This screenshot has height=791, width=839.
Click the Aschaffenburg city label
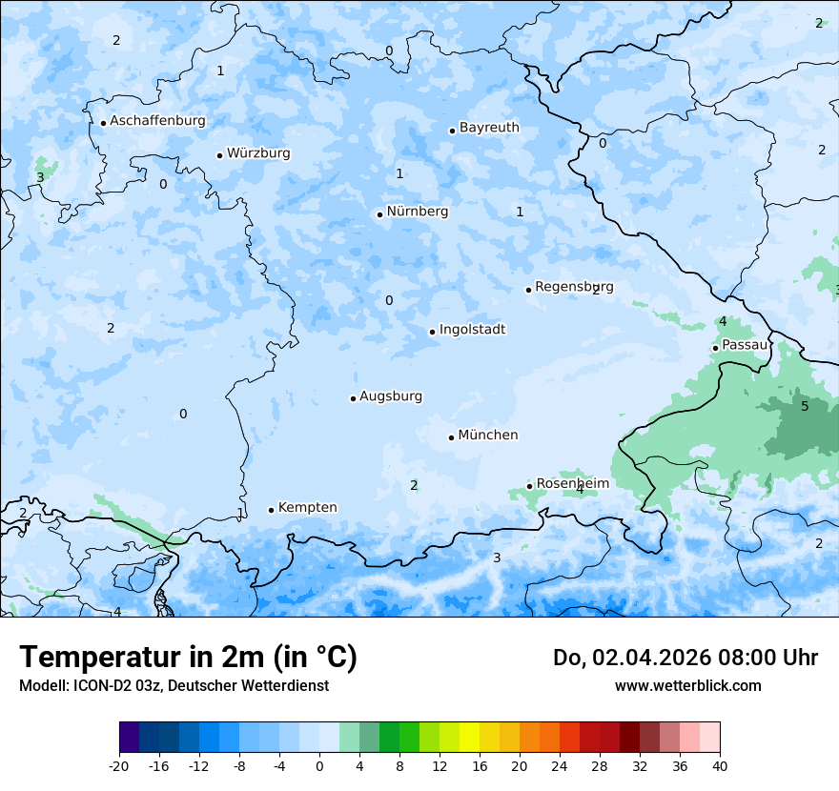(157, 121)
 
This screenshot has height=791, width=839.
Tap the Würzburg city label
(258, 153)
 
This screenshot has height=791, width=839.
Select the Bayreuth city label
(489, 128)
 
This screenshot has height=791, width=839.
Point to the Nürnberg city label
(417, 212)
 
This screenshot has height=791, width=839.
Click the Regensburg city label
(574, 287)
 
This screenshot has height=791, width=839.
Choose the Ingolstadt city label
(472, 330)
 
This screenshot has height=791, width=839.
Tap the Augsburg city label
(390, 396)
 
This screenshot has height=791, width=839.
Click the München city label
(488, 436)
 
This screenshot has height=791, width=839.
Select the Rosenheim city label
(572, 484)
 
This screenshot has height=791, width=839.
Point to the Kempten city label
(307, 508)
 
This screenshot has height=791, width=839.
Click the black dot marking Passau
(715, 348)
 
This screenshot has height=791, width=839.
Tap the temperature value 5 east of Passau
(805, 407)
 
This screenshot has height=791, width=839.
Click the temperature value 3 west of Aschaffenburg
(40, 177)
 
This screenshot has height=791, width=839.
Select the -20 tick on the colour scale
(119, 765)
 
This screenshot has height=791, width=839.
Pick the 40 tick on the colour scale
(720, 765)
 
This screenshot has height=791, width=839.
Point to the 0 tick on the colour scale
(319, 765)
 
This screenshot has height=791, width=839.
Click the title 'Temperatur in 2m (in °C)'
(189, 658)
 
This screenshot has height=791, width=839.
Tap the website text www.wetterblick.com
(687, 685)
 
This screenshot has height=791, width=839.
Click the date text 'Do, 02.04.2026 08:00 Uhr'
(685, 658)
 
